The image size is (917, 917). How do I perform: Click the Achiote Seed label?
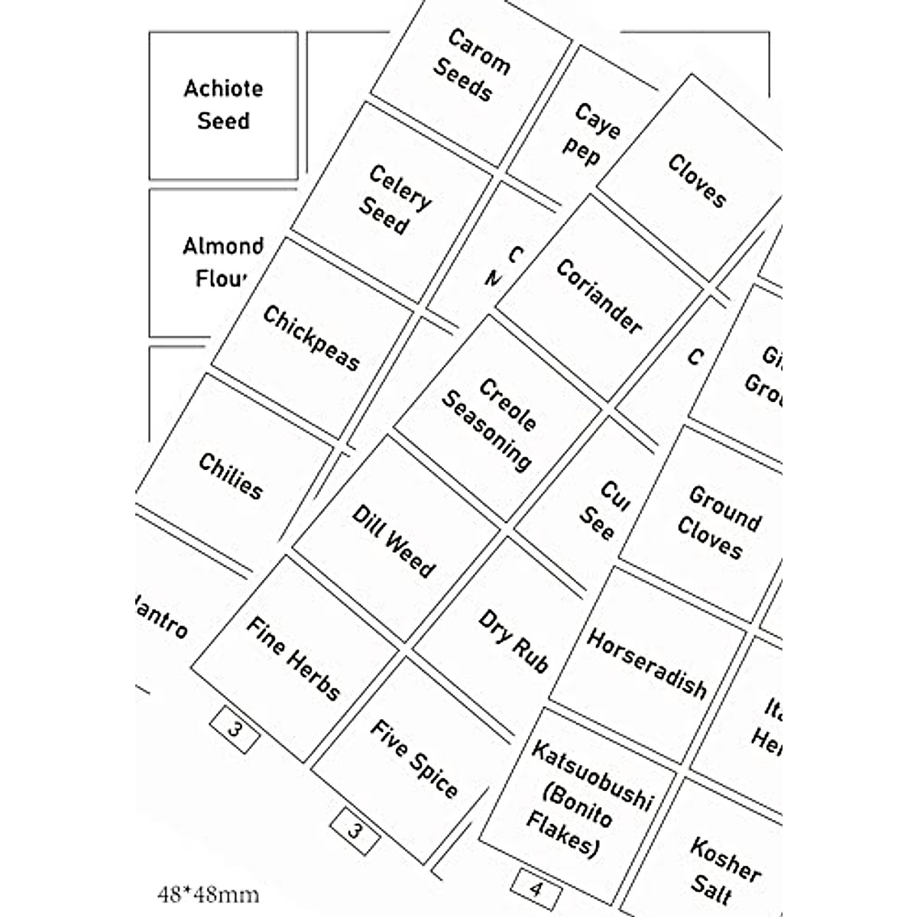tap(223, 105)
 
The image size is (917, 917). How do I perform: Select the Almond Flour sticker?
tap(222, 262)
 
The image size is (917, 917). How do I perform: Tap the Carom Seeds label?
tap(471, 65)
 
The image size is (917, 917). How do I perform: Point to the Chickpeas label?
tap(311, 338)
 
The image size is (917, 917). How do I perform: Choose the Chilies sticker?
tap(230, 475)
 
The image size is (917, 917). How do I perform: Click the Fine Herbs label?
tap(293, 658)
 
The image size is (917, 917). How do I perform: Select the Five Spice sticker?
tap(414, 759)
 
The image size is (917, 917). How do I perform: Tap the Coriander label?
tap(599, 296)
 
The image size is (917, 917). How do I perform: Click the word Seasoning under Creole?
tap(486, 430)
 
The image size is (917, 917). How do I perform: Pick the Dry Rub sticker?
tap(514, 640)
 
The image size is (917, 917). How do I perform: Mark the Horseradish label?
tap(646, 663)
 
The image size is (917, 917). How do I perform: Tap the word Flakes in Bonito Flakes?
tap(560, 834)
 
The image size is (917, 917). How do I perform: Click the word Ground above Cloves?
tap(724, 508)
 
